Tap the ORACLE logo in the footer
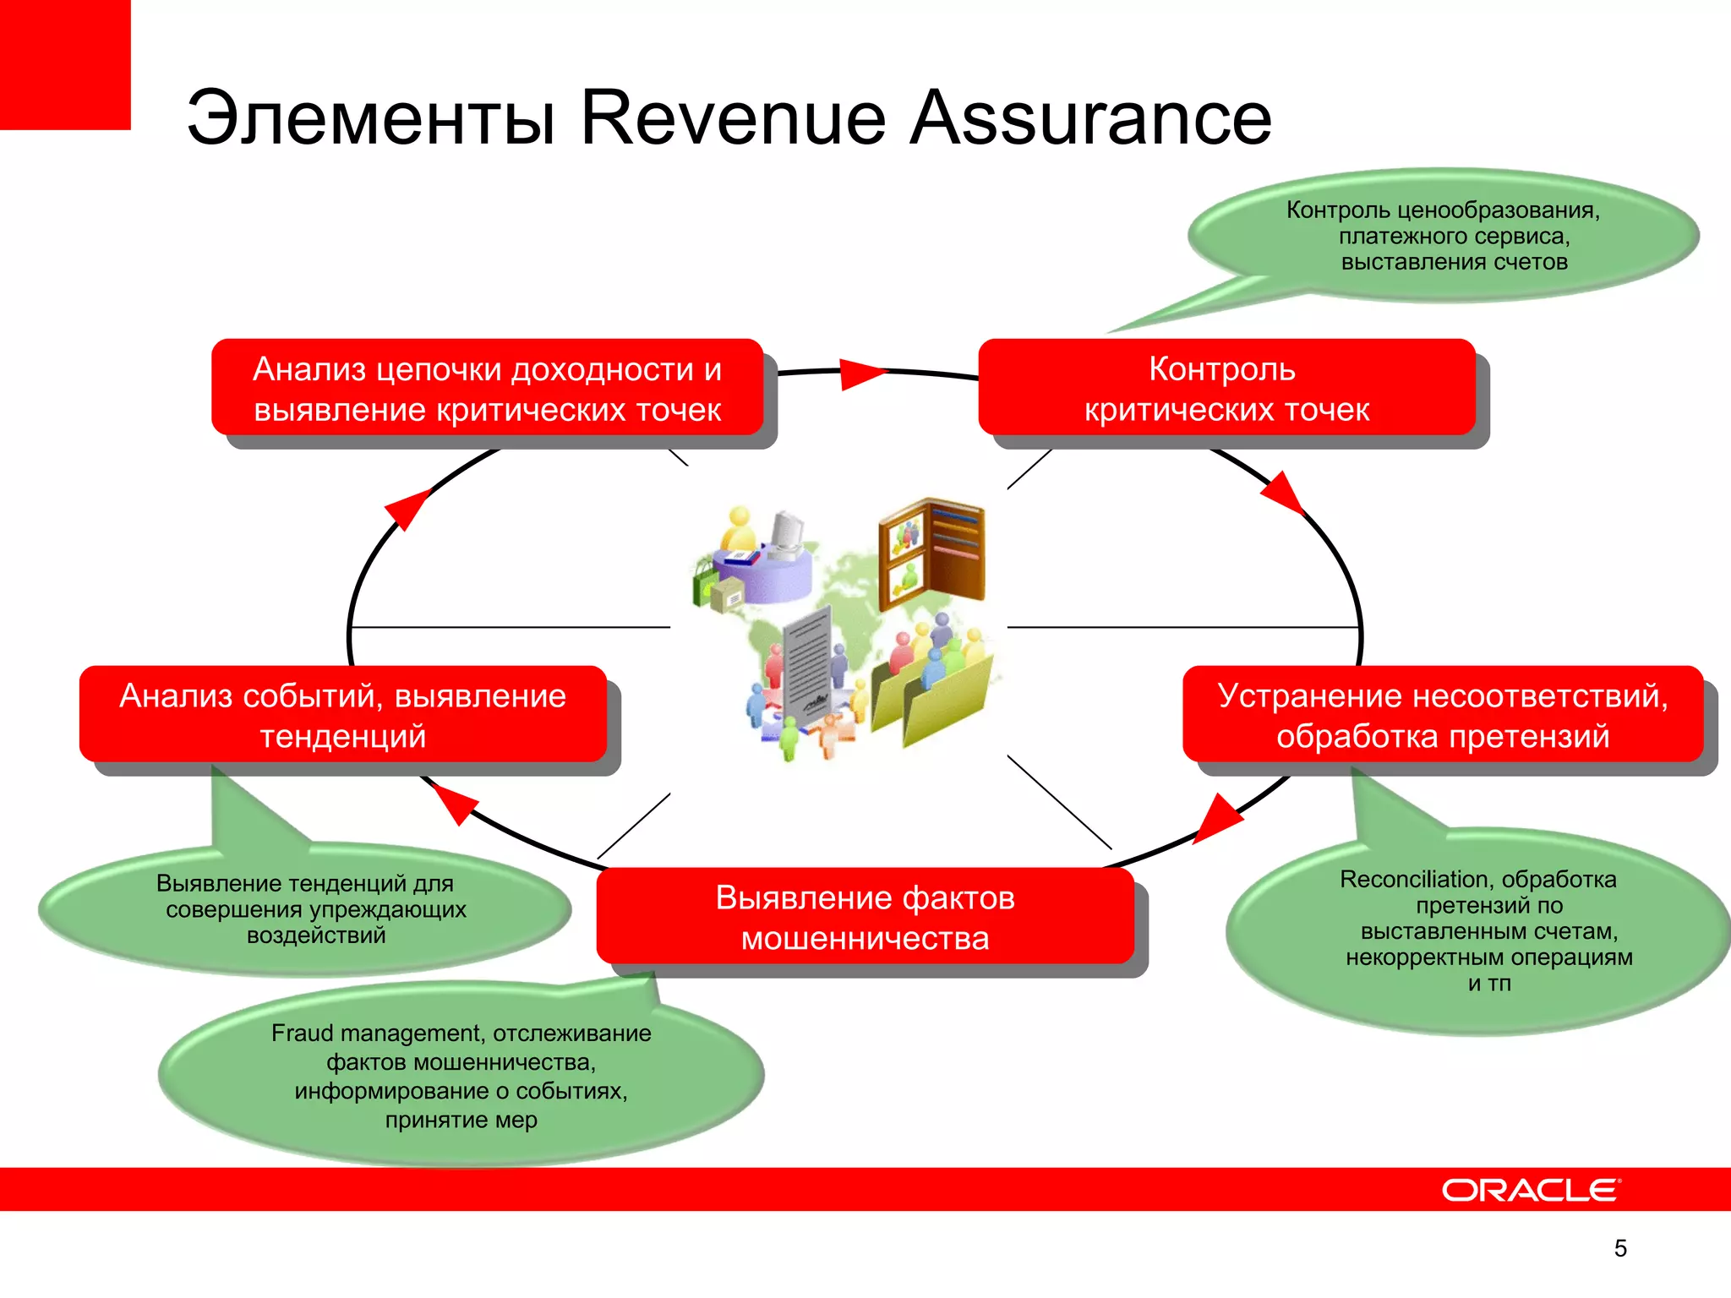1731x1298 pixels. pos(1531,1190)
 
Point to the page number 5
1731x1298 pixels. pos(1620,1248)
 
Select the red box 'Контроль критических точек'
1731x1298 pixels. pos(1226,389)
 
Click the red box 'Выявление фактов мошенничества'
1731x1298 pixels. pos(865,917)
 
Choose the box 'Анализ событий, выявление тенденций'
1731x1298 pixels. pos(343,715)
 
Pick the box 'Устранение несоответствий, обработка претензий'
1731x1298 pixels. pos(1443,715)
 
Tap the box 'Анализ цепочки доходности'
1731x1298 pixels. pos(487,389)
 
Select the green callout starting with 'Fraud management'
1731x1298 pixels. pos(461,1076)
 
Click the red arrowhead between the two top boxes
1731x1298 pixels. pos(859,373)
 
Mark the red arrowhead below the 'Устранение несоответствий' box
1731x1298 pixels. pos(1217,816)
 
